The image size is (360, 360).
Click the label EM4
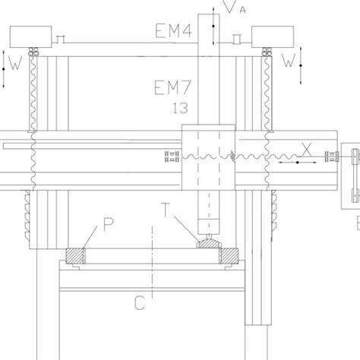[x=173, y=30]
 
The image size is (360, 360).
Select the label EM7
[x=172, y=87]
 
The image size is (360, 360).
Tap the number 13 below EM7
[x=180, y=108]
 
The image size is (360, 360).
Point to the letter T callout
[x=165, y=210]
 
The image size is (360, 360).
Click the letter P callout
[x=109, y=224]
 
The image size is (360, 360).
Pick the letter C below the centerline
[x=140, y=303]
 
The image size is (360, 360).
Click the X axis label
[x=307, y=150]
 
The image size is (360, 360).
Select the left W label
[x=15, y=63]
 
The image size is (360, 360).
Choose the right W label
[x=289, y=61]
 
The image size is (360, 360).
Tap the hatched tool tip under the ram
[x=209, y=244]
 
